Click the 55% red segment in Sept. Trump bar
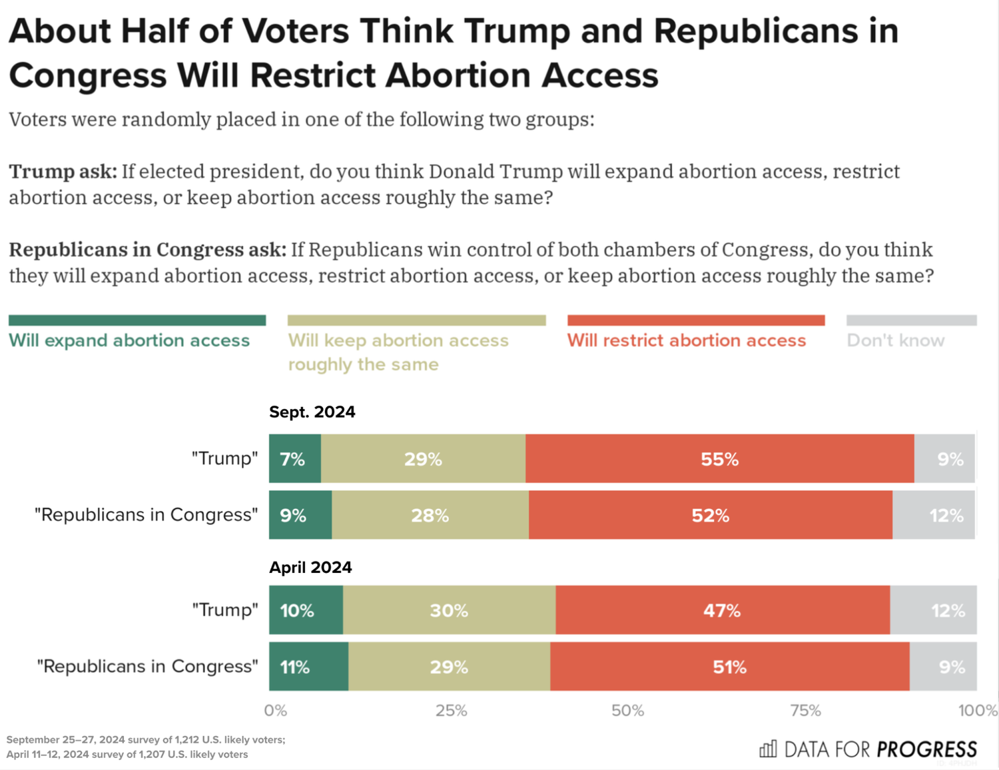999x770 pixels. (x=719, y=459)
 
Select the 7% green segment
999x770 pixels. (x=295, y=459)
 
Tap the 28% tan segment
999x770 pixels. (x=430, y=515)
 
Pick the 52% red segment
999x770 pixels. (x=711, y=515)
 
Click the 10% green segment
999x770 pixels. (x=306, y=610)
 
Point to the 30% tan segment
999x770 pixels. (x=449, y=610)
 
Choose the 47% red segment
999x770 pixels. (x=723, y=610)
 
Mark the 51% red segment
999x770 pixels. (x=729, y=667)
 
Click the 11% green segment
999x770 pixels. (x=308, y=667)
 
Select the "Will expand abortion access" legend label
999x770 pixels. (x=129, y=340)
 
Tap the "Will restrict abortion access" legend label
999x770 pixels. (x=687, y=340)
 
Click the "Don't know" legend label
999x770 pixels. (x=896, y=340)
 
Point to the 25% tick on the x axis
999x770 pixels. (x=452, y=711)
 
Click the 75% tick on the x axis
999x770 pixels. (x=806, y=711)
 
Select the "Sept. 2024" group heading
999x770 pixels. (x=312, y=412)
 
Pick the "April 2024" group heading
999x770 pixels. (x=310, y=568)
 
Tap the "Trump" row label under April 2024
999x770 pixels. (x=225, y=610)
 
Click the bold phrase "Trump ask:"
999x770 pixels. (x=63, y=172)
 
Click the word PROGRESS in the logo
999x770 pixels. (x=927, y=749)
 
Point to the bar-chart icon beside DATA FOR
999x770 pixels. (x=768, y=749)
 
